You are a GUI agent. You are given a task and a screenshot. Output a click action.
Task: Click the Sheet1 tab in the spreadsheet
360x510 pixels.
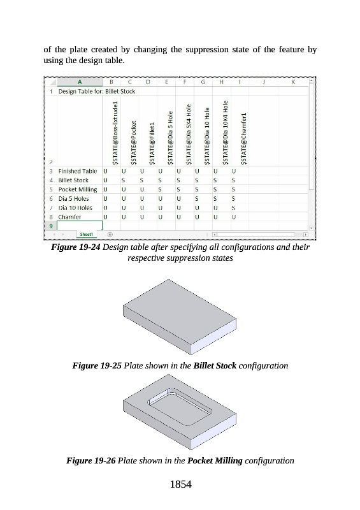tap(87, 234)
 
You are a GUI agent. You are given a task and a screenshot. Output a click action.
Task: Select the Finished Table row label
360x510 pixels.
tap(78, 171)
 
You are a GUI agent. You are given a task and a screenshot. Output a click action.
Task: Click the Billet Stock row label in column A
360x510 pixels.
tap(73, 180)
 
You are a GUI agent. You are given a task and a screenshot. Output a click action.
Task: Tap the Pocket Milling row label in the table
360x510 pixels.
tap(78, 189)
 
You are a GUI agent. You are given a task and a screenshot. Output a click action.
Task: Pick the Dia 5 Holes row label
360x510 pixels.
tap(73, 198)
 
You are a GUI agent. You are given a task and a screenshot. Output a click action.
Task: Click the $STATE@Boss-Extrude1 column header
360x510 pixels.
tap(115, 133)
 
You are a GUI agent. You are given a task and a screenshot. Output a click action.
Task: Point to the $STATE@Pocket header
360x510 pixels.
tap(133, 143)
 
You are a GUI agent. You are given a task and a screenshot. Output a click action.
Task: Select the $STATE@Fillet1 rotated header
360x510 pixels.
tap(152, 143)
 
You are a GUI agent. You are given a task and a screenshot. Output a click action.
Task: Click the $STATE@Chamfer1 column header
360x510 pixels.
tap(244, 138)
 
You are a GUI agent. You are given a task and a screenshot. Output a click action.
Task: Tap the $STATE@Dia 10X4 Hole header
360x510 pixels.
tap(226, 133)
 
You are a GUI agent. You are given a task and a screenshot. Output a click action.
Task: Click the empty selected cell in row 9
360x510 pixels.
tap(80, 226)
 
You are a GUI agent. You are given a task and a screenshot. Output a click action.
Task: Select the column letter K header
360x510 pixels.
tap(293, 82)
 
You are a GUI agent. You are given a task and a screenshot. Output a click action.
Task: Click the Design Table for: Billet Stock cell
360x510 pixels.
tap(97, 91)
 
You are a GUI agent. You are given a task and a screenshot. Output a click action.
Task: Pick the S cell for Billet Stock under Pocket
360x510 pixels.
tap(123, 180)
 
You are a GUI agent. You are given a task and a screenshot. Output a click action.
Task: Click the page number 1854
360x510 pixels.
tap(181, 484)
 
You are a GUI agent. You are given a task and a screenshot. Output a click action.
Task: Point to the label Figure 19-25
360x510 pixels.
tap(97, 365)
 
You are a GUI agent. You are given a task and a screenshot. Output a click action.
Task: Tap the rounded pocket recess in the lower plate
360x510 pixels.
tap(180, 407)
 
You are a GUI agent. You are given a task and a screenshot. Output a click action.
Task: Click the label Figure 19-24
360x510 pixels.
tap(75, 247)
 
